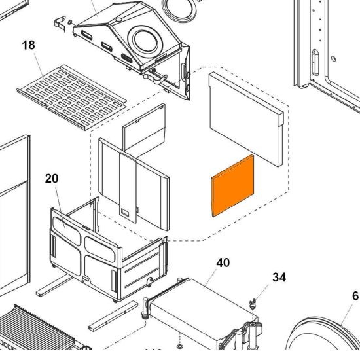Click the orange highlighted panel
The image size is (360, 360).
pos(233,186)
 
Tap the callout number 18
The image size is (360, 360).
pos(29,45)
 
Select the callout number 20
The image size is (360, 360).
pos(52,179)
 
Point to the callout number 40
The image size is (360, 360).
pos(223,262)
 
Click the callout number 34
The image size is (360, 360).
pos(279,278)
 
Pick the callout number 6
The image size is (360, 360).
pos(355,296)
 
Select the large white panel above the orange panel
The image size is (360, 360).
pos(247,119)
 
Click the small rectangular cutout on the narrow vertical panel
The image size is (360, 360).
pos(126,212)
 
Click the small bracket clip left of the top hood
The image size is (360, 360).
pos(60,24)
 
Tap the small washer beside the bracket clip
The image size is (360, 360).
pos(70,22)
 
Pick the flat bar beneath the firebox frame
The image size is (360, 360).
pos(114,316)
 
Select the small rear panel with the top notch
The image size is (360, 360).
pos(144,131)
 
